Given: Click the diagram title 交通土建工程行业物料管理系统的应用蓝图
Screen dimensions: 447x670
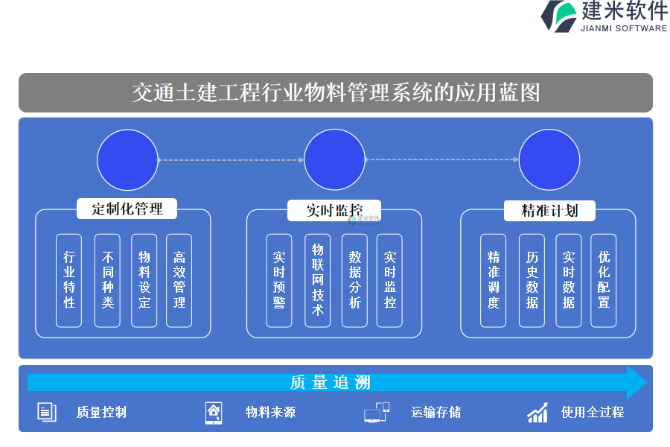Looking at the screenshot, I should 336,92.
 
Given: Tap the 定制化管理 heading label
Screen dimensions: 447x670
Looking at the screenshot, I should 127,209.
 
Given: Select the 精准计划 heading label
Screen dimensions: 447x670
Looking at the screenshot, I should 549,210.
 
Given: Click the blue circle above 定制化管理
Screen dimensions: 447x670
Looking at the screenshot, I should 127,159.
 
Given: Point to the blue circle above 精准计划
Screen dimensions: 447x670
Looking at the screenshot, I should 549,159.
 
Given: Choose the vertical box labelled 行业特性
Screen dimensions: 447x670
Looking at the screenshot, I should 69,280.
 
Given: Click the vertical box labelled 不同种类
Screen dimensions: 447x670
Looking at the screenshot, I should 107,280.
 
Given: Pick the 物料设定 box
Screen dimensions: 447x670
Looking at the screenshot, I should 144,280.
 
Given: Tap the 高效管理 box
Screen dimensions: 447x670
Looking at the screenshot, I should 179,280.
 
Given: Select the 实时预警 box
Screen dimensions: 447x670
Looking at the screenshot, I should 279,280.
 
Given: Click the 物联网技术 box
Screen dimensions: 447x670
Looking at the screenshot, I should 318,280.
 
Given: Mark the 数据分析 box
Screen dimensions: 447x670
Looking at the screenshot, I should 354,280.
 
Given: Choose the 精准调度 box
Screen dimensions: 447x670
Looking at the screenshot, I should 494,280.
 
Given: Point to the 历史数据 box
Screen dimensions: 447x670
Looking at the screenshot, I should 532,280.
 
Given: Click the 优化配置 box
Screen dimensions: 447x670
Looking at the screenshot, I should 604,280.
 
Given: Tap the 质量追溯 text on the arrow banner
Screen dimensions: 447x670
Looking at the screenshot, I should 331,383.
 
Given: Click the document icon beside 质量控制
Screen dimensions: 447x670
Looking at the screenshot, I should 47,412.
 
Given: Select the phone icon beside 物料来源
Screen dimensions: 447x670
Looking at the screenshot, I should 214,412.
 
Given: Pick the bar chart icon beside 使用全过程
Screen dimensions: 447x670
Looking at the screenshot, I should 537,412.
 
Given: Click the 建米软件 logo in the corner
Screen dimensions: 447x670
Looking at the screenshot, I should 604,16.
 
